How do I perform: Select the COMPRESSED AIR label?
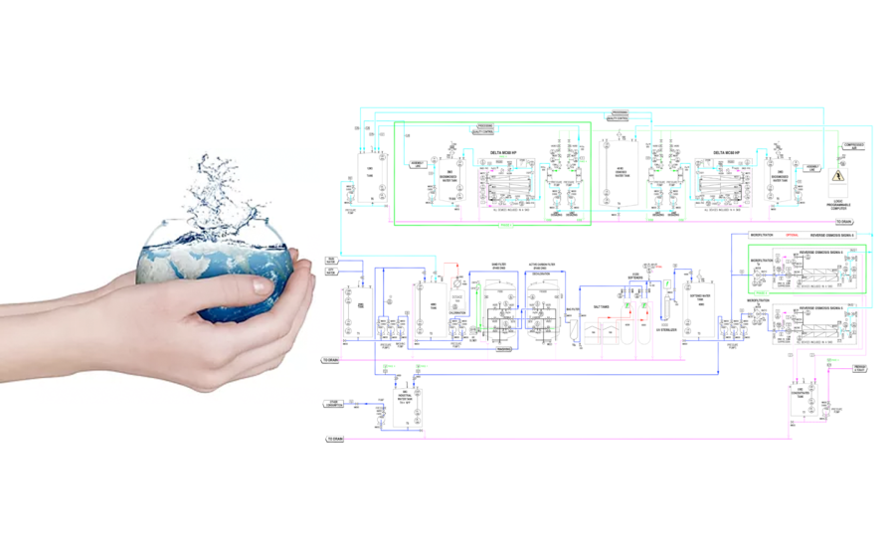tap(852, 146)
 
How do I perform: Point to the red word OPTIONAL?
tap(793, 235)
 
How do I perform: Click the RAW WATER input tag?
tap(331, 261)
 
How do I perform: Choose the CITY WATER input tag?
tap(331, 272)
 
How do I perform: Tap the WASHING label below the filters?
tap(504, 349)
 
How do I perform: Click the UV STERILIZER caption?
tap(666, 329)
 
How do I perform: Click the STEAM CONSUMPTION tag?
tap(334, 404)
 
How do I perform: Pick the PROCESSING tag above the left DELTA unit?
tap(485, 126)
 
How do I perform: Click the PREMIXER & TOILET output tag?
tap(860, 368)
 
